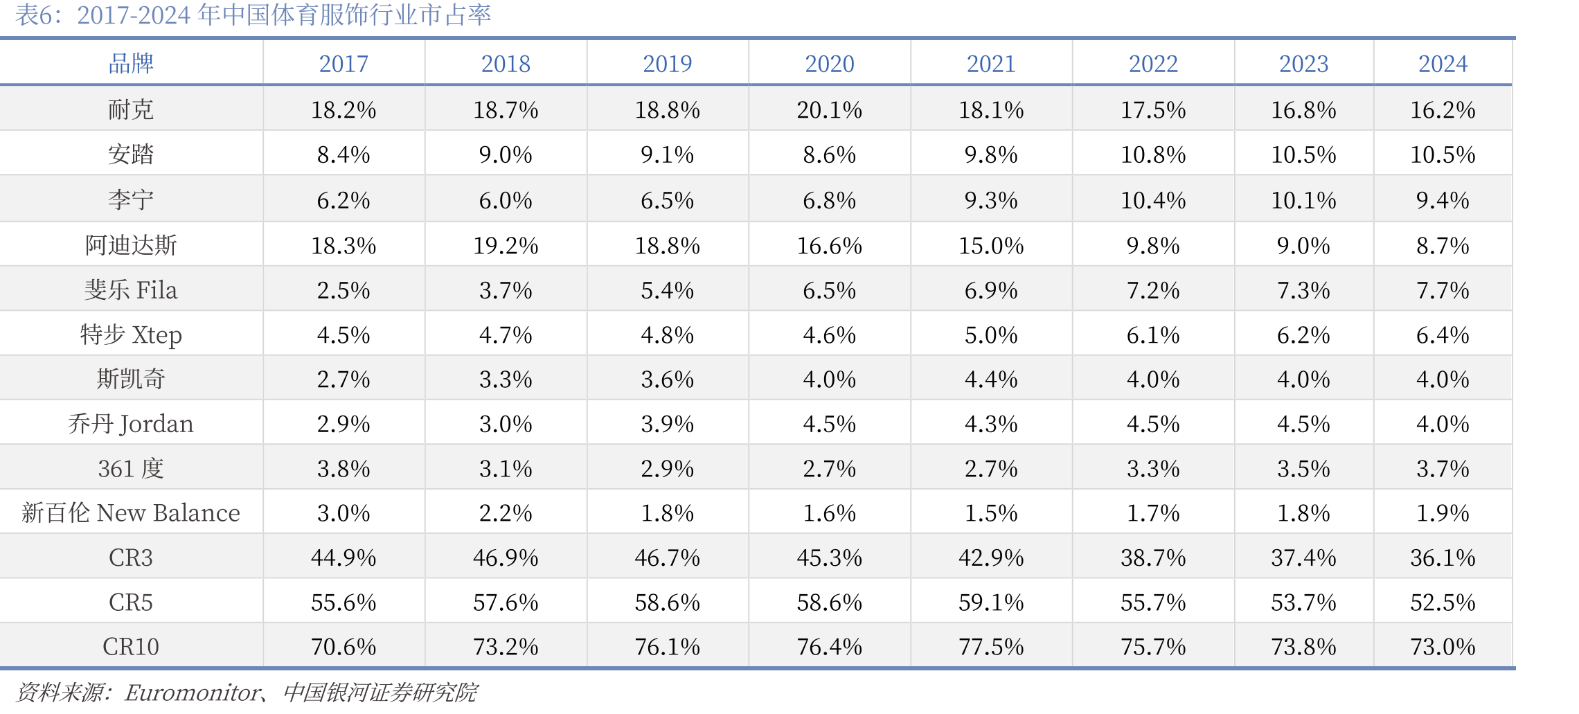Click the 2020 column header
point(829,64)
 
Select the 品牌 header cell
point(131,64)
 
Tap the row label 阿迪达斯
point(131,245)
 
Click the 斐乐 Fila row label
point(131,289)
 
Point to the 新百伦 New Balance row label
point(131,512)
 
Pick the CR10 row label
point(131,646)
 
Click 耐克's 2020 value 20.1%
point(829,109)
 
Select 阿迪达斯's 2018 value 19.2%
point(506,245)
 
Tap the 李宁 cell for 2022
point(1153,200)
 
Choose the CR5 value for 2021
point(991,602)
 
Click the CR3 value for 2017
point(344,557)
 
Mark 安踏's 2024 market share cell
point(1443,154)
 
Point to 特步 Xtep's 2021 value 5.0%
point(991,334)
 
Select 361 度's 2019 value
point(667,468)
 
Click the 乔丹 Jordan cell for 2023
point(1303,424)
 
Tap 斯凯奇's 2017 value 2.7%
point(344,379)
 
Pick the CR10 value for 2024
point(1443,646)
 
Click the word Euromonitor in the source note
point(193,692)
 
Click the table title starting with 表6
point(253,15)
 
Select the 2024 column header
point(1443,64)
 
